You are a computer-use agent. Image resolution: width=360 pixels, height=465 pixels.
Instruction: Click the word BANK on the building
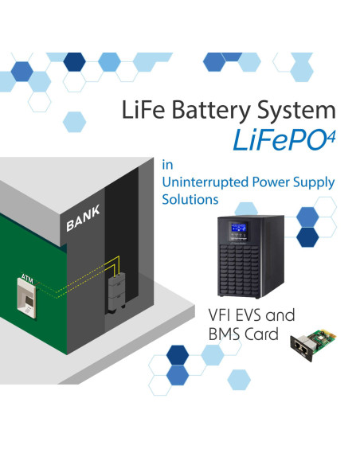[83, 218]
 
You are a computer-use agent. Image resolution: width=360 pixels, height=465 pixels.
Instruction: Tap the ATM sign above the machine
[27, 279]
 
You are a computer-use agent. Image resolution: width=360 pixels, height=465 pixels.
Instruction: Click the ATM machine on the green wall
[27, 299]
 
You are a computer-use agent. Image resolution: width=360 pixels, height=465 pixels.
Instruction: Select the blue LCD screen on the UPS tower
[239, 228]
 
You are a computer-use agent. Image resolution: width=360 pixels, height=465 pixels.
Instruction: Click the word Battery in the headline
[211, 111]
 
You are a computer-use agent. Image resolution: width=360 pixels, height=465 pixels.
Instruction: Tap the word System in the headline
[296, 111]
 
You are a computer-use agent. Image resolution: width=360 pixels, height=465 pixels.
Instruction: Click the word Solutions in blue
[190, 199]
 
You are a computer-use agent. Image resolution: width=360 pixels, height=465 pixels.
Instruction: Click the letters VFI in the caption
[220, 315]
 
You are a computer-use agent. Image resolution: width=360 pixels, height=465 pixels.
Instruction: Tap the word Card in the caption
[261, 334]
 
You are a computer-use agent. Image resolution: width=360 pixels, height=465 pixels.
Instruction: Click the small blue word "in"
[167, 165]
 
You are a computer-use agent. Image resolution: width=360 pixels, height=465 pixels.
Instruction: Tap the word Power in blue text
[271, 182]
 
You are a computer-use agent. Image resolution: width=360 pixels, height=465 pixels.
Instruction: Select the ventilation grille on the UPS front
[239, 270]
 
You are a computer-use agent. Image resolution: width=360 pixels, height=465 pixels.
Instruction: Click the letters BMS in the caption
[224, 334]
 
